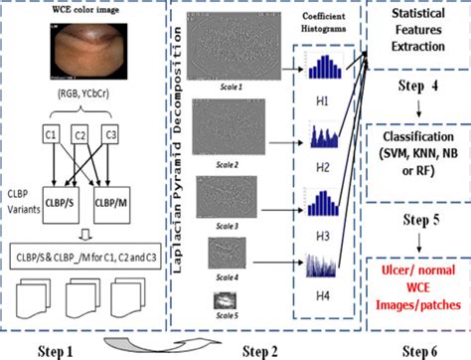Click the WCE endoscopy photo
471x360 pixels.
coord(87,53)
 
